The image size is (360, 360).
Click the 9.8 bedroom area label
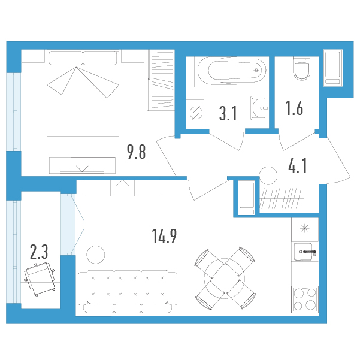coord(137,152)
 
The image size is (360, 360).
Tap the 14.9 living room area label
coord(164,236)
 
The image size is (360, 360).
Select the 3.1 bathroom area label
coord(228,113)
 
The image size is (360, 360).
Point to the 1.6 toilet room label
coord(294,108)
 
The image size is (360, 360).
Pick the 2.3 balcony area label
coord(39,252)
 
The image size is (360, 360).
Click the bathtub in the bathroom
coord(231,71)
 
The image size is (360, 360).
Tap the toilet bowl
coord(302,68)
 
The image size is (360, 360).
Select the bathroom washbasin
coord(260,108)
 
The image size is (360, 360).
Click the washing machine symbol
coord(196,113)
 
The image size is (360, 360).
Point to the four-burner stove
coord(305,299)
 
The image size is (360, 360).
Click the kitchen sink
coord(304,252)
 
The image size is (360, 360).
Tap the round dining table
coord(224,279)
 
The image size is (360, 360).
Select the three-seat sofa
coord(128,292)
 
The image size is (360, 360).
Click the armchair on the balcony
coord(40,279)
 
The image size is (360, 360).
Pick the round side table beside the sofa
coord(95,255)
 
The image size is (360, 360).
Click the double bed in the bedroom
coord(83,93)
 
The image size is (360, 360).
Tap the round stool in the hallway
coord(268,176)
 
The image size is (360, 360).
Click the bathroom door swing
coord(227,141)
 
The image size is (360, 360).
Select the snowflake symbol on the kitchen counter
coord(305,228)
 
